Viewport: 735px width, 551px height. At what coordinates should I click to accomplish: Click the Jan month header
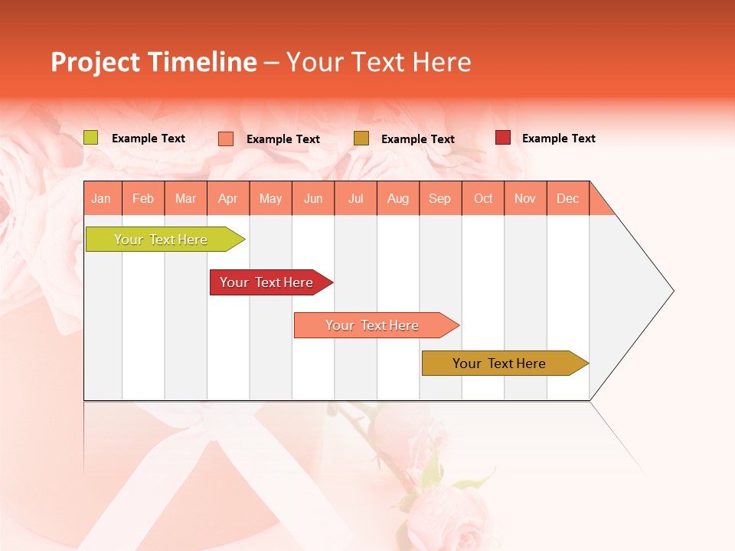(x=102, y=198)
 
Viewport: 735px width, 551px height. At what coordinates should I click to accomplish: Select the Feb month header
(x=143, y=198)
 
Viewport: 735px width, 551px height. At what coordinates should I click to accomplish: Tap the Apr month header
(x=227, y=198)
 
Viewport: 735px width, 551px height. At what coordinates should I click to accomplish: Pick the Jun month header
(x=313, y=198)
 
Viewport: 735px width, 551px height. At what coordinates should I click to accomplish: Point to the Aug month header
(x=397, y=198)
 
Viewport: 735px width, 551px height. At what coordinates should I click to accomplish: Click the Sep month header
(x=439, y=198)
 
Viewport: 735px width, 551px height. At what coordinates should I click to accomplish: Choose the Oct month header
(x=483, y=198)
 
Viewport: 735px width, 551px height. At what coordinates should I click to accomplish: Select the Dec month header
(x=567, y=198)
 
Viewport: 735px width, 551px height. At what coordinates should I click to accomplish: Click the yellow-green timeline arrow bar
(x=161, y=240)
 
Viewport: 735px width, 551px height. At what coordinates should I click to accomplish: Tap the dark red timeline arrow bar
(x=266, y=282)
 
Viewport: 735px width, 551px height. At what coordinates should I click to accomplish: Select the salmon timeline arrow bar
(x=372, y=325)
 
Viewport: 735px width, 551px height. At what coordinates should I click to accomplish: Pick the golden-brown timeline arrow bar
(x=499, y=364)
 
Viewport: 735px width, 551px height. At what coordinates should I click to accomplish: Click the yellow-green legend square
(x=91, y=138)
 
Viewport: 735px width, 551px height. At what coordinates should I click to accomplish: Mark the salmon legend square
(x=226, y=139)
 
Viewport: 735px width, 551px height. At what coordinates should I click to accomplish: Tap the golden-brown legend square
(x=361, y=138)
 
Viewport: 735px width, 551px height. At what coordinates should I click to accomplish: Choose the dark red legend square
(x=503, y=138)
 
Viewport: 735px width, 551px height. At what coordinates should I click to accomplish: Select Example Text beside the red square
(x=558, y=139)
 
